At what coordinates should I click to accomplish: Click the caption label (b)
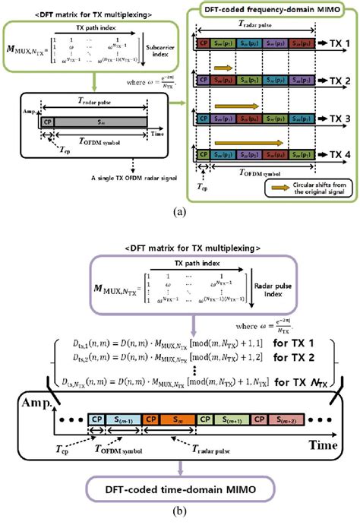click(179, 516)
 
